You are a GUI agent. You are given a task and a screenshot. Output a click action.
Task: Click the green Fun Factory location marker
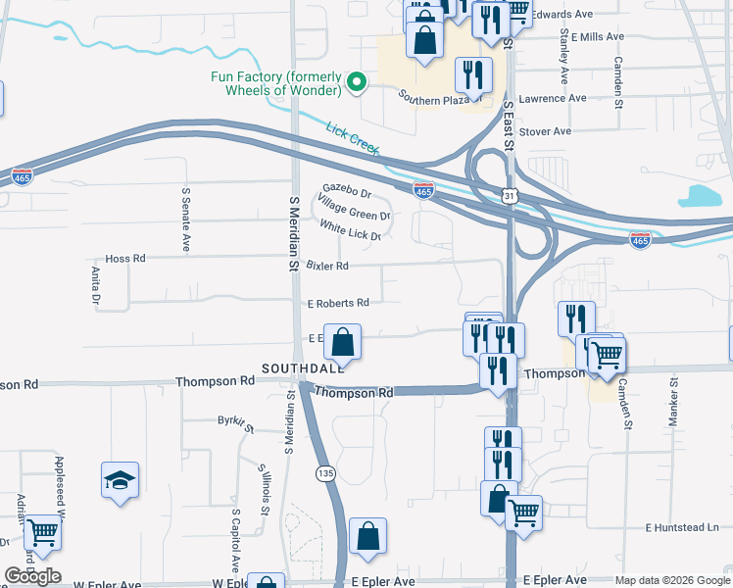[357, 83]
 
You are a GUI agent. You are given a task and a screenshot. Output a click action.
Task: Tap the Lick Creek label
[352, 139]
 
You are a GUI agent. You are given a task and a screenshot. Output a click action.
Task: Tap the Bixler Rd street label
[327, 266]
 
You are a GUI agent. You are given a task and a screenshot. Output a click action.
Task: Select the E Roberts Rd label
[338, 303]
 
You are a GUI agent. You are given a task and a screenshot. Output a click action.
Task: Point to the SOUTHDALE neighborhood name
[303, 368]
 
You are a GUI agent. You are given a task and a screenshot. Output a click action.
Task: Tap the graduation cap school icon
[120, 480]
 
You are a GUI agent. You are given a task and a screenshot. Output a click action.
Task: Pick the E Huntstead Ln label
[681, 527]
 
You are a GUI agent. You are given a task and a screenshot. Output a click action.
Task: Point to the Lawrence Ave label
[552, 98]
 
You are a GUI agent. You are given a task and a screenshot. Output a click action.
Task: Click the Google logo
[32, 576]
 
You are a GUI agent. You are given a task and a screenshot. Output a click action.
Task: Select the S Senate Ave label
[184, 220]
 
